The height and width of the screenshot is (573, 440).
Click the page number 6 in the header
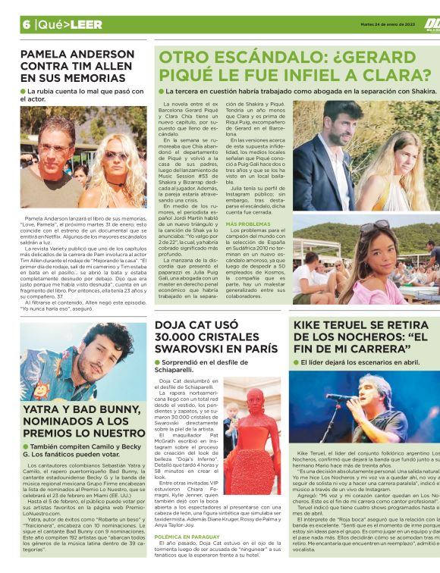click(26, 23)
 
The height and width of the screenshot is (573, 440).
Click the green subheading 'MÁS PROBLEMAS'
click(249, 224)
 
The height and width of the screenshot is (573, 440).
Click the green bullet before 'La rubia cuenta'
click(24, 91)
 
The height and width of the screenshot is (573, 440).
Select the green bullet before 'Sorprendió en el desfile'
click(158, 362)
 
